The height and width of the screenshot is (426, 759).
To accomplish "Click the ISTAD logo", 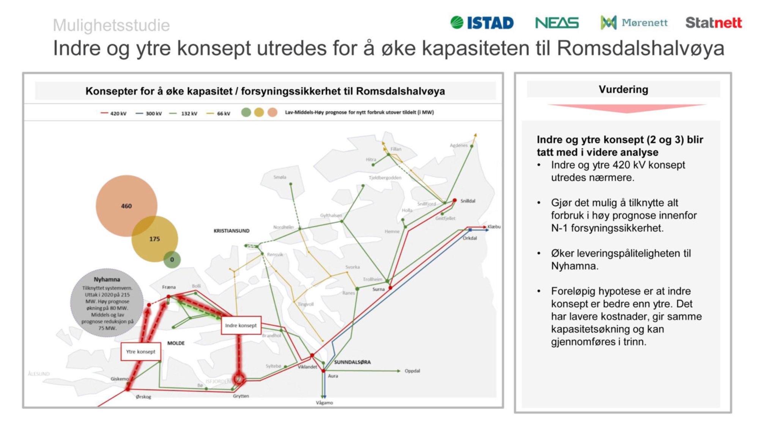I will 482,23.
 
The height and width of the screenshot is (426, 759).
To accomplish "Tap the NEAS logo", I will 557,23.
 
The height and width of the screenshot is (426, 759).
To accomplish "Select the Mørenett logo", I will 634,23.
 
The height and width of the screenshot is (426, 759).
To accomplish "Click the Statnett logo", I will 713,23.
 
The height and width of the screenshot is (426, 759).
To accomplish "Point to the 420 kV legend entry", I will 113,113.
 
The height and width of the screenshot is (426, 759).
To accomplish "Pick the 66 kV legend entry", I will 219,113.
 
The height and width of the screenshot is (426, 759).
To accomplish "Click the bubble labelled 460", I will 126,206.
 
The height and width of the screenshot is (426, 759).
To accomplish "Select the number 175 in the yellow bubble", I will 154,239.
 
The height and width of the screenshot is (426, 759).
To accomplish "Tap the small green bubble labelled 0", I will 172,260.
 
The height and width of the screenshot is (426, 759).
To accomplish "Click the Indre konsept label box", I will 241,325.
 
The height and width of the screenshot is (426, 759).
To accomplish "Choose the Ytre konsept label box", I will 141,352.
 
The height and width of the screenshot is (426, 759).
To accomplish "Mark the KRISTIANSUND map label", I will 231,231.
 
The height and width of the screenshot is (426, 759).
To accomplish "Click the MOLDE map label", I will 176,343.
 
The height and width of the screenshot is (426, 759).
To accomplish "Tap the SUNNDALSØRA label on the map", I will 352,362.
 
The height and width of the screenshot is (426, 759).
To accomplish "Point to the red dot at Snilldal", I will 455,200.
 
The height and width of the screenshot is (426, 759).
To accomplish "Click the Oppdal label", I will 412,371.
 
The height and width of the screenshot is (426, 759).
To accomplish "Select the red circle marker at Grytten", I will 239,378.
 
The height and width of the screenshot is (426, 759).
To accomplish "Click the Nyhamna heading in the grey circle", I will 107,279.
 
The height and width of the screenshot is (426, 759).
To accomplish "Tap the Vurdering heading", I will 623,89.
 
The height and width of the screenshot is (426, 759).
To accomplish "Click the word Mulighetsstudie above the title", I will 111,25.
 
